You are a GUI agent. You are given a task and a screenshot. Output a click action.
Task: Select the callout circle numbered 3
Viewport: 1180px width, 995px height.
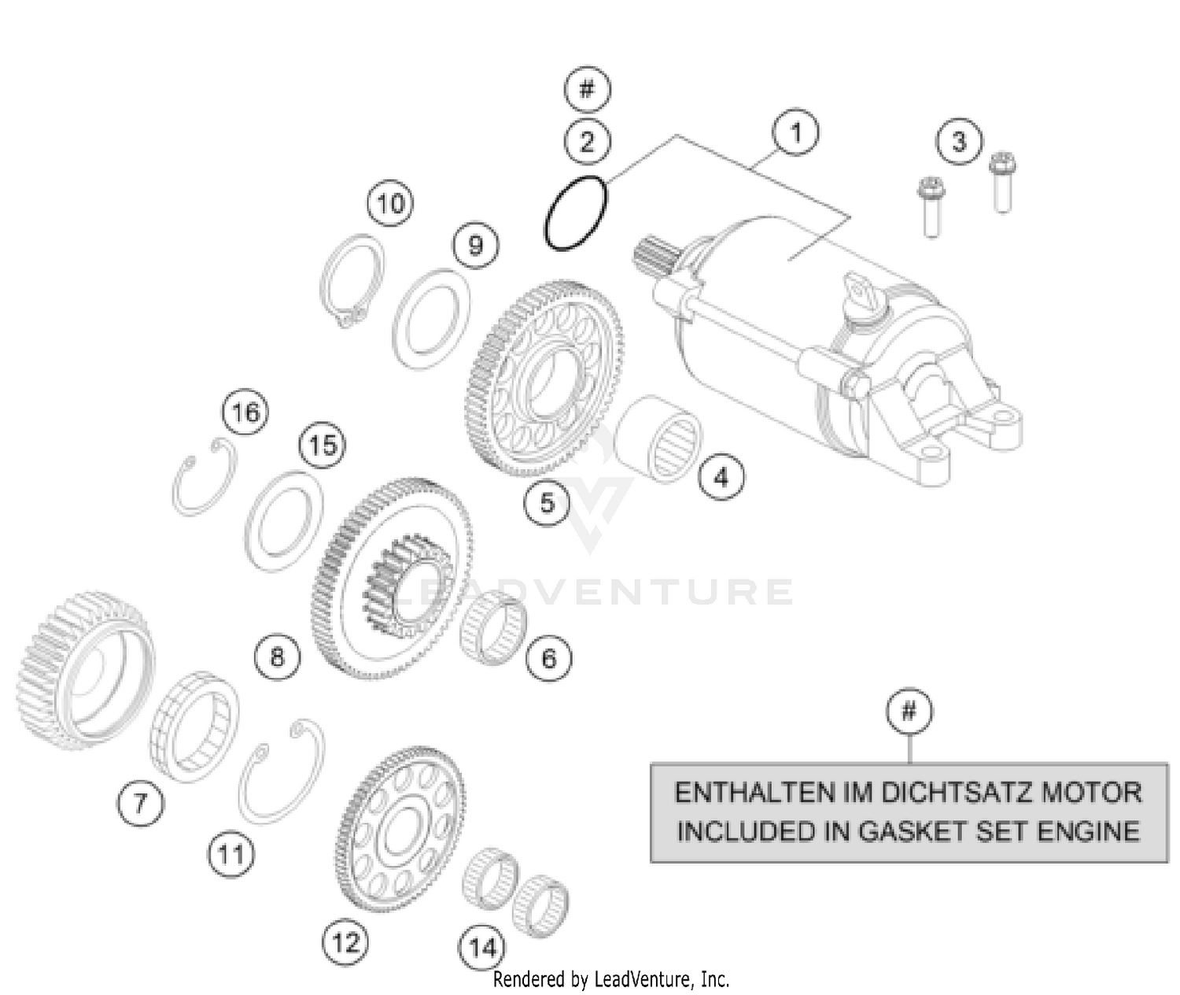(x=958, y=142)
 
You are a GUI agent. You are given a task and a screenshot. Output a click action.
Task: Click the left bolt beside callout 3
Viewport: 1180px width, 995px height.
(x=931, y=206)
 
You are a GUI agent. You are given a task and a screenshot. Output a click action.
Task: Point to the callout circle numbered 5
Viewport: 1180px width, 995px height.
(x=548, y=502)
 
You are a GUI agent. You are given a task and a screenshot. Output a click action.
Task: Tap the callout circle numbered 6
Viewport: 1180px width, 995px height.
(x=548, y=657)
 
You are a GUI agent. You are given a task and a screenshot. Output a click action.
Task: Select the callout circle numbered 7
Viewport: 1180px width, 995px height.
(x=140, y=804)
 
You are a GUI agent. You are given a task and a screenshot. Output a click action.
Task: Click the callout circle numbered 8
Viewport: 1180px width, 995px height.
(x=277, y=656)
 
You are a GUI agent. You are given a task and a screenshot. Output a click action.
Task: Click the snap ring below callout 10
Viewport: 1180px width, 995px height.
(x=353, y=281)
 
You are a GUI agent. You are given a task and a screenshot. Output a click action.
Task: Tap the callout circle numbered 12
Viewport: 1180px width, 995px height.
(x=345, y=941)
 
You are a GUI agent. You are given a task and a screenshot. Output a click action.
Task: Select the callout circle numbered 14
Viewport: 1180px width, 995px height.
(x=482, y=948)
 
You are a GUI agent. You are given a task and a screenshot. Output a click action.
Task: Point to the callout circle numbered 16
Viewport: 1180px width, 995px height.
(x=245, y=412)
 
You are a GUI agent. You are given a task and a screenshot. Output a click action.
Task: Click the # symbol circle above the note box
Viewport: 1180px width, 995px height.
(x=909, y=712)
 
